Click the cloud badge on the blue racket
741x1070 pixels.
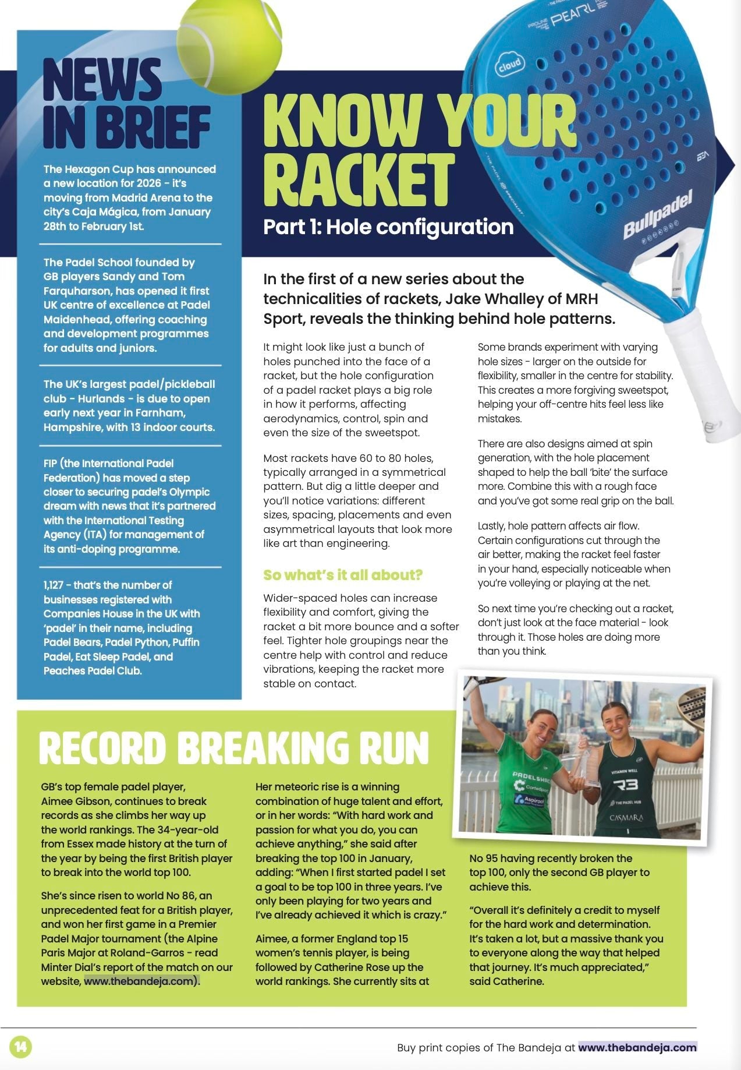pyautogui.click(x=509, y=65)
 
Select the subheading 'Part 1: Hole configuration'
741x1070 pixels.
pyautogui.click(x=388, y=227)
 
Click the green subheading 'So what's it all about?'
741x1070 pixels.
pyautogui.click(x=342, y=575)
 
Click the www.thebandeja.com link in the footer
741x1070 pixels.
pyautogui.click(x=637, y=1047)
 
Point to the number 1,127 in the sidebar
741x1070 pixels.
pyautogui.click(x=57, y=585)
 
